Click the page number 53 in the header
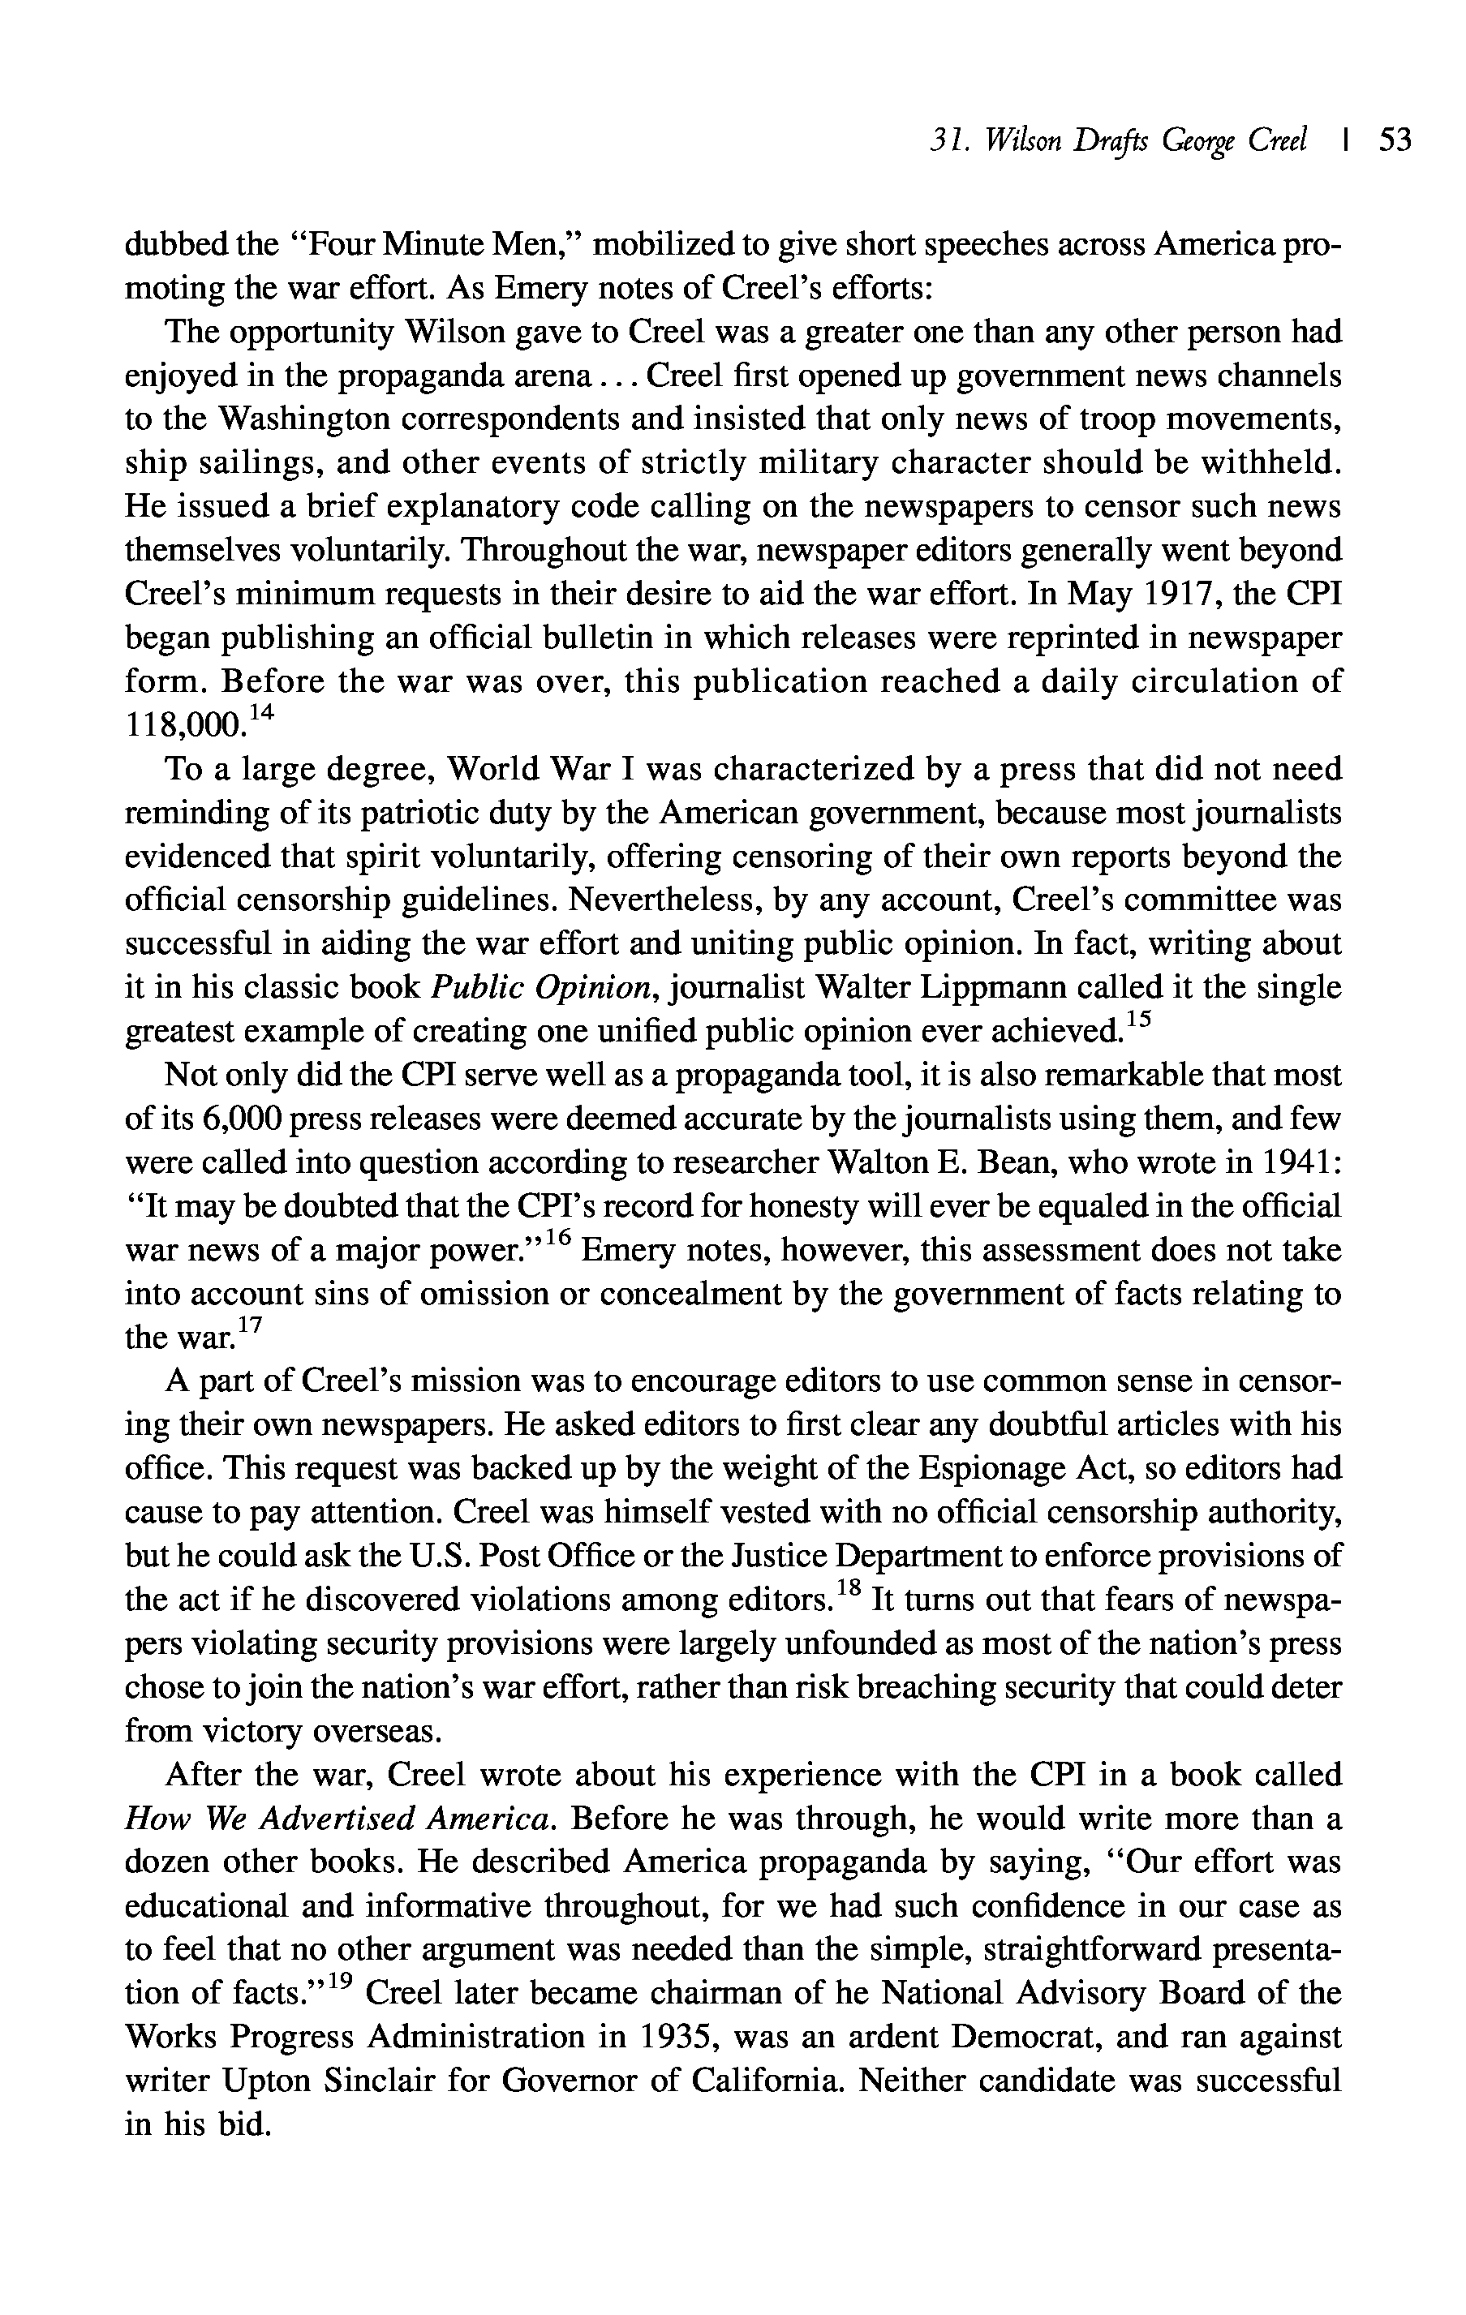tap(1395, 141)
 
